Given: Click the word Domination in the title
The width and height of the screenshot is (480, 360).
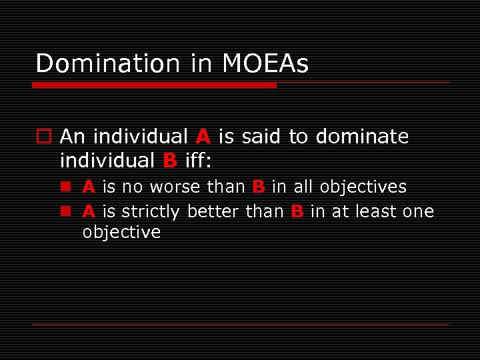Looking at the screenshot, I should click(107, 64).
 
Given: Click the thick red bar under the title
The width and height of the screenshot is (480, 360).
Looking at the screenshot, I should click(154, 85).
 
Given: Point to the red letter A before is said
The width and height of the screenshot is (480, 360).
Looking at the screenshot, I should click(203, 137).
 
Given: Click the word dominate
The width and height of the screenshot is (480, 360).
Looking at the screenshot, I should click(362, 137).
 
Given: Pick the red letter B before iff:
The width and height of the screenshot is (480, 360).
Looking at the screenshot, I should click(169, 161).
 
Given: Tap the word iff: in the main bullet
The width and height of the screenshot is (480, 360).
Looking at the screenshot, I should click(197, 161).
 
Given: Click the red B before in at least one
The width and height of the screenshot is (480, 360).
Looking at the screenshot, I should click(297, 212).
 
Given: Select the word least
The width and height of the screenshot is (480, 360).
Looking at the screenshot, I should click(377, 212).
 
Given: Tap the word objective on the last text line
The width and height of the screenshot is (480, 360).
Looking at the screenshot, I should click(121, 233).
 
